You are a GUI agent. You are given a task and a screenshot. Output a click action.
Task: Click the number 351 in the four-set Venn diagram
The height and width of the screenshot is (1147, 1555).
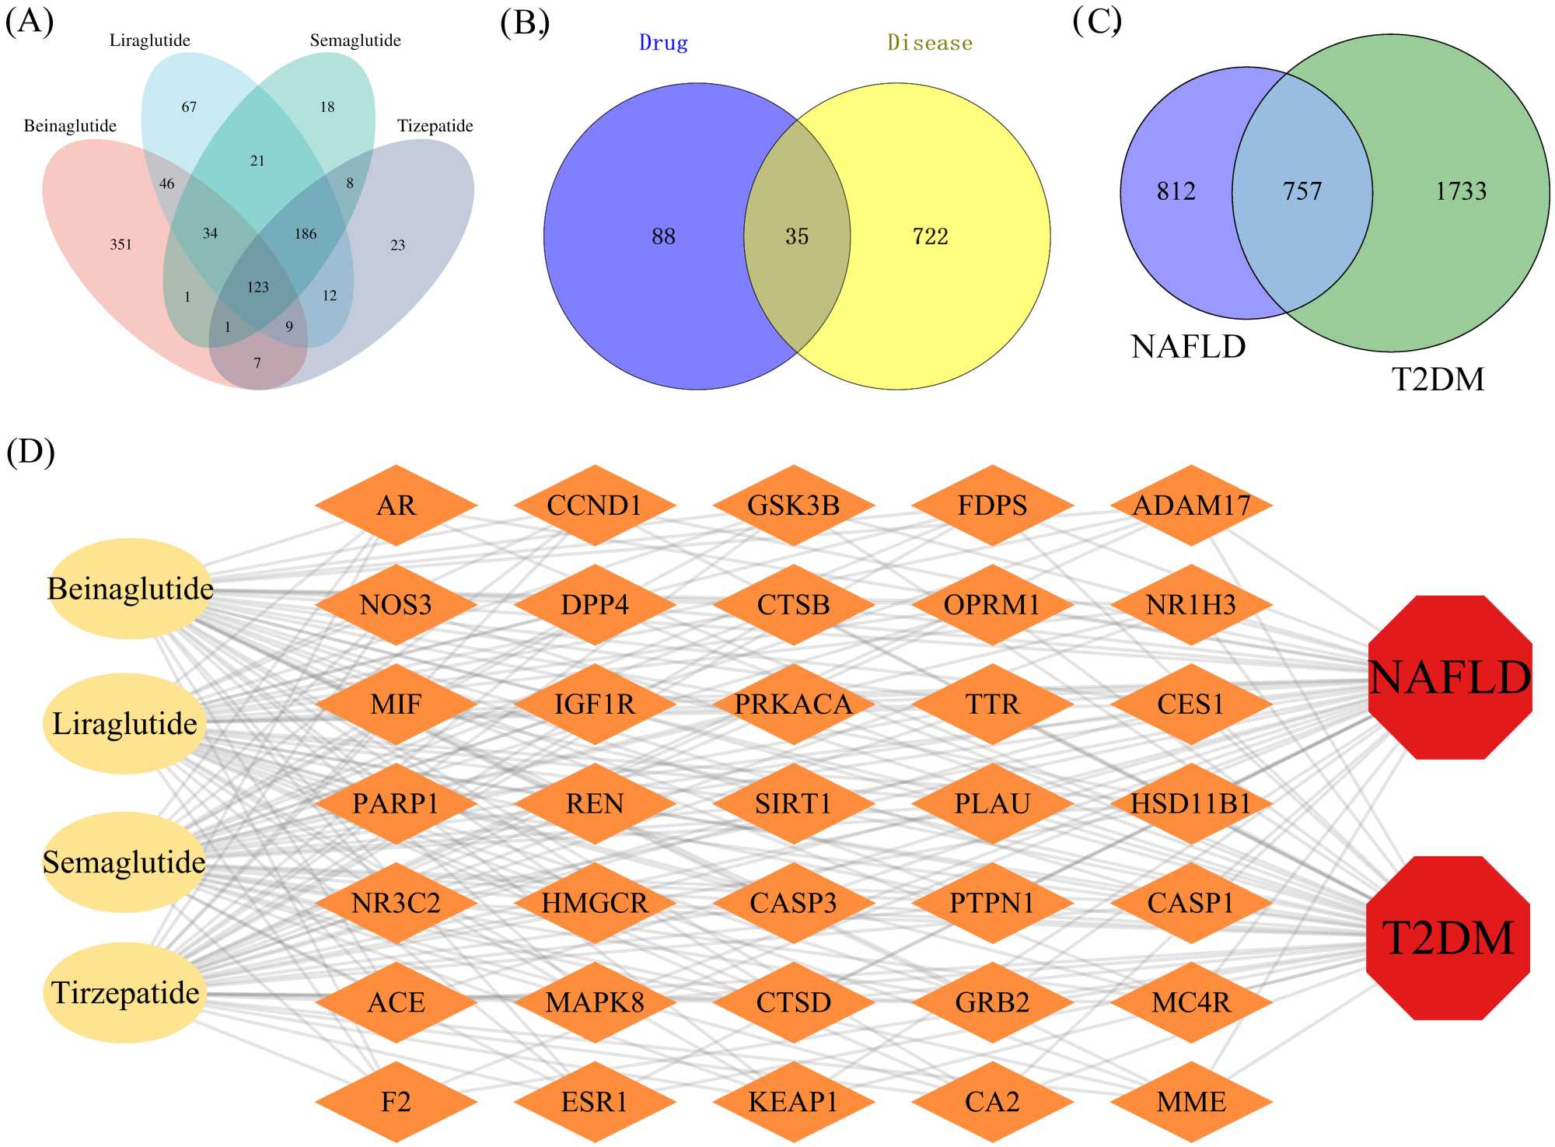click(121, 245)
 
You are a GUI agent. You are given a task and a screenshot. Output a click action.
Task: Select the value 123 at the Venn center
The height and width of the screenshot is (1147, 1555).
click(257, 288)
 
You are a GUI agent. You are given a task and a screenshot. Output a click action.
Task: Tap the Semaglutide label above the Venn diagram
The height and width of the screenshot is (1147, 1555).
click(355, 40)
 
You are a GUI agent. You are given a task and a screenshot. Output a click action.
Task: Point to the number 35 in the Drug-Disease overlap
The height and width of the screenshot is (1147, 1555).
click(797, 236)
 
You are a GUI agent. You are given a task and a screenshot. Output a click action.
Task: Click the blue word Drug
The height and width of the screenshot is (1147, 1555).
click(663, 43)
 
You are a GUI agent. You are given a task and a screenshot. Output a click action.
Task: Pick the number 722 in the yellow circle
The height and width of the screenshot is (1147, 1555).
click(930, 236)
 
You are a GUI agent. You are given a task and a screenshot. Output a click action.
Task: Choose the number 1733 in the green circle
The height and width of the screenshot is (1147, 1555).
click(1460, 191)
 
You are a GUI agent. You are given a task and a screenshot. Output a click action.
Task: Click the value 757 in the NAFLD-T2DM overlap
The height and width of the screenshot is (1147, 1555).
click(1302, 191)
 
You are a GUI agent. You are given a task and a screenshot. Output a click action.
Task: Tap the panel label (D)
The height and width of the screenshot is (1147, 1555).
click(30, 451)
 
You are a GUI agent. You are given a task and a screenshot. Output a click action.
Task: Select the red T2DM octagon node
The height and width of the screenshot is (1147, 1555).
click(1448, 938)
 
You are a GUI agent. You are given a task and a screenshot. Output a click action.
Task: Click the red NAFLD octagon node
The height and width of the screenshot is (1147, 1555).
click(1450, 677)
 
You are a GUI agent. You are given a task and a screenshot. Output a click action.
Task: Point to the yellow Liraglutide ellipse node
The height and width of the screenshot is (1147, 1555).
click(124, 723)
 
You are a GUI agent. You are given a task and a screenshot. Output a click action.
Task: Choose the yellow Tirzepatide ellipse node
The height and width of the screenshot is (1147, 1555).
click(124, 993)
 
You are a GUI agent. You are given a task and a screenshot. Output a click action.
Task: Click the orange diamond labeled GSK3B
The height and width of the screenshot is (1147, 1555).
click(793, 505)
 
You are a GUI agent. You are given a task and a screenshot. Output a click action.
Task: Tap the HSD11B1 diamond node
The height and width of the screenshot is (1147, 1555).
click(1190, 803)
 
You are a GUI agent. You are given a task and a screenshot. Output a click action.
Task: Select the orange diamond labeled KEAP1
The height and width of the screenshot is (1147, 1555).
click(793, 1102)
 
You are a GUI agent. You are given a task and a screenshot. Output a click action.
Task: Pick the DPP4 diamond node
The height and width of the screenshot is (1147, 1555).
click(595, 605)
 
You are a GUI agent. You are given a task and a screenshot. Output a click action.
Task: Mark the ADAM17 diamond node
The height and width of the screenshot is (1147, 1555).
click(1190, 505)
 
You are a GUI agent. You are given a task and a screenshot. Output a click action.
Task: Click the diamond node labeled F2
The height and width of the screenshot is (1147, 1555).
click(396, 1102)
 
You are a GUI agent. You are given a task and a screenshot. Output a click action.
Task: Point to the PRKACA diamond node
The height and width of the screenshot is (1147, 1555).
click(793, 705)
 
